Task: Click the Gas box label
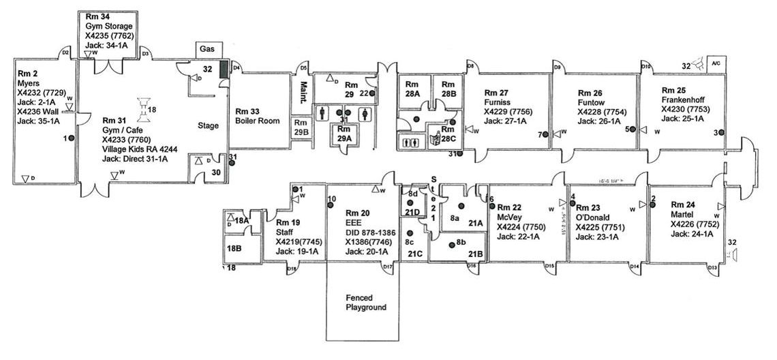point(207,49)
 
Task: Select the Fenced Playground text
point(365,303)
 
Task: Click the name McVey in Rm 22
point(509,217)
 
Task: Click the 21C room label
point(415,254)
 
